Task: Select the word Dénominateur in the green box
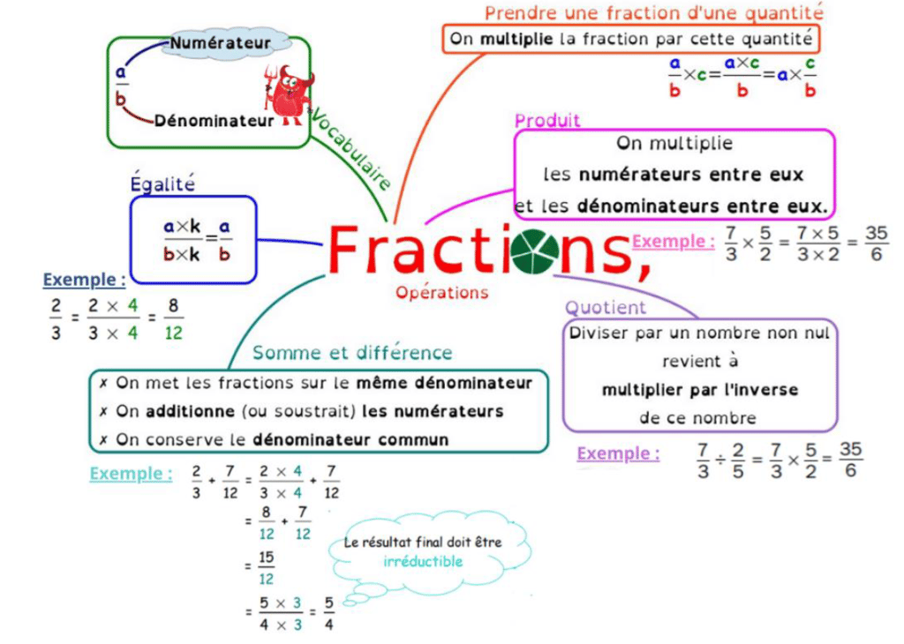(214, 121)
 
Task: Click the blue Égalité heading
(162, 183)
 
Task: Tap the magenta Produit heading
(547, 121)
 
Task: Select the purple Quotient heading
(606, 308)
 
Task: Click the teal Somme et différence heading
(351, 353)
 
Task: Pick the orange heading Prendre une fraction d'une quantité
(653, 12)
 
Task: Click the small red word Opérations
(441, 292)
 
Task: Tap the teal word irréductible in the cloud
(423, 561)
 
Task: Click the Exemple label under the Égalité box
(85, 280)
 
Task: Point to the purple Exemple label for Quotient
(618, 453)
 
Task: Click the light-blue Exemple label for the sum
(131, 474)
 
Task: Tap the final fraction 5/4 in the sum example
(328, 614)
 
